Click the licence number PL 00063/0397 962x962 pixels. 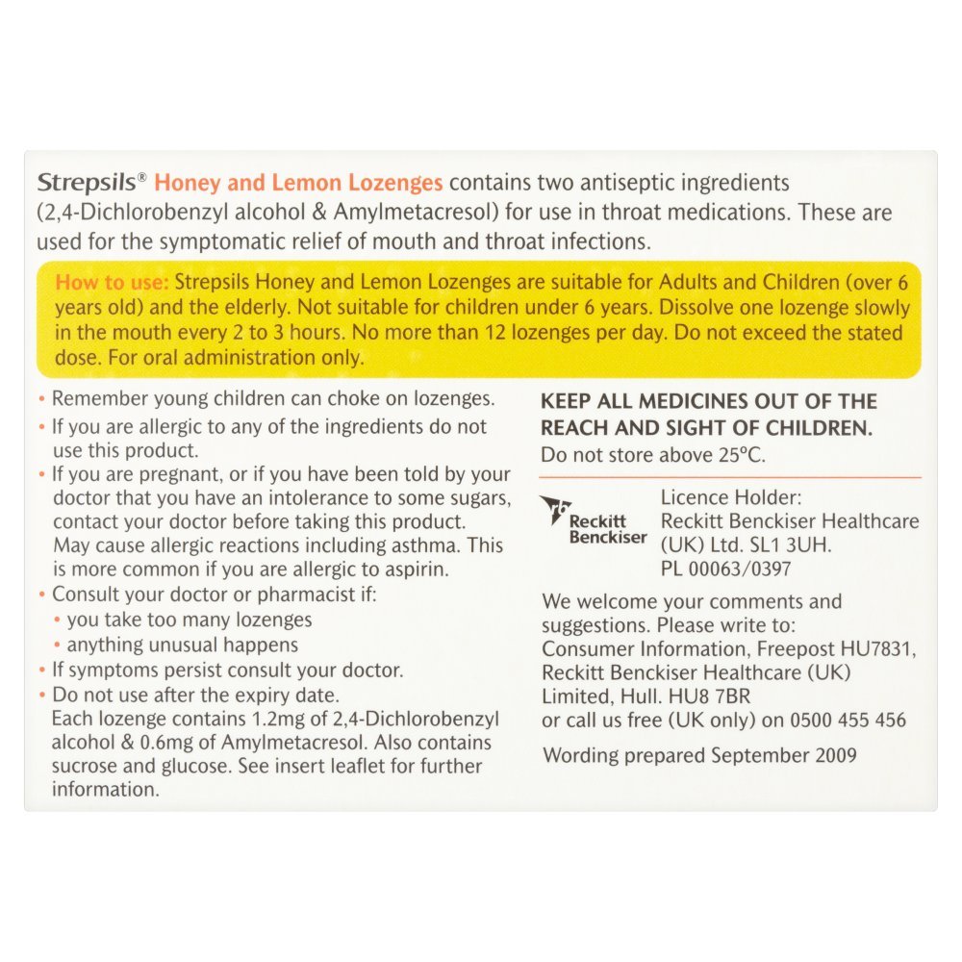click(x=726, y=569)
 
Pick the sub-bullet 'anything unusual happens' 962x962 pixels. click(x=183, y=645)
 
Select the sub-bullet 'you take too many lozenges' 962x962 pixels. click(x=190, y=620)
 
